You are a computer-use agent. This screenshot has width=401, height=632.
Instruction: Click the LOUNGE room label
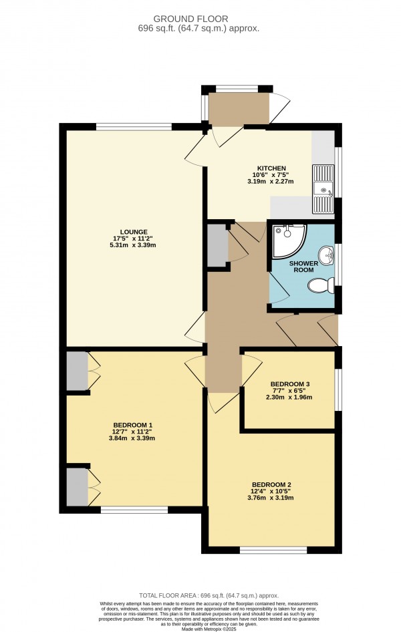[134, 232]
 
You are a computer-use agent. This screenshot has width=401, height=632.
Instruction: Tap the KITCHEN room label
[272, 168]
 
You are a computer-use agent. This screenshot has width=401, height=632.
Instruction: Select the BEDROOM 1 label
[133, 426]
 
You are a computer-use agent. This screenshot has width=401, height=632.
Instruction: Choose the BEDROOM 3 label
[290, 384]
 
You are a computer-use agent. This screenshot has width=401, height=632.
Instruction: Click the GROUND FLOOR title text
[200, 19]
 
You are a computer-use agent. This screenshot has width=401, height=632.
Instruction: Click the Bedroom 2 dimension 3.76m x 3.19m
[271, 498]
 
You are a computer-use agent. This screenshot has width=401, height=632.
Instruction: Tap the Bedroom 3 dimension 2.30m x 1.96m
[290, 398]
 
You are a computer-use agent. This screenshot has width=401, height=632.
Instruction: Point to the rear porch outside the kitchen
[238, 108]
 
